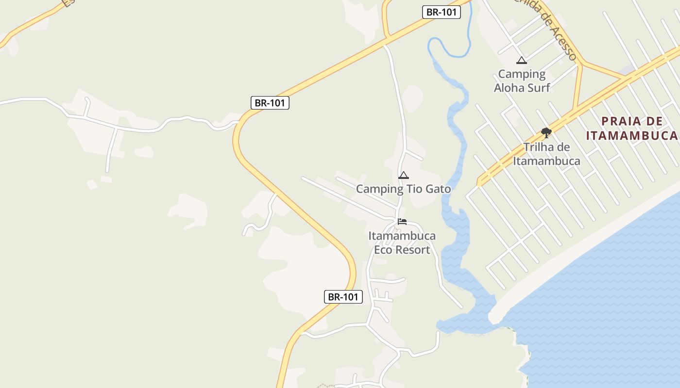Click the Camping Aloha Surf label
click(522, 81)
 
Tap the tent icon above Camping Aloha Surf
click(522, 61)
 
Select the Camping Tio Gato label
click(403, 189)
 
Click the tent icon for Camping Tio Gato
click(403, 176)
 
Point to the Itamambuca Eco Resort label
click(402, 243)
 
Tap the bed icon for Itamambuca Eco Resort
click(402, 222)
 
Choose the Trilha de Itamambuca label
click(546, 154)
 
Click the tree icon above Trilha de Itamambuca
click(546, 132)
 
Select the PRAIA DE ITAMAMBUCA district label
click(631, 129)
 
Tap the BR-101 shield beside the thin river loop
click(441, 12)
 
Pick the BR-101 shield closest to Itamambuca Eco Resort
click(343, 297)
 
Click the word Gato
click(438, 189)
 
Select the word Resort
click(412, 250)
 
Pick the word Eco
click(382, 250)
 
